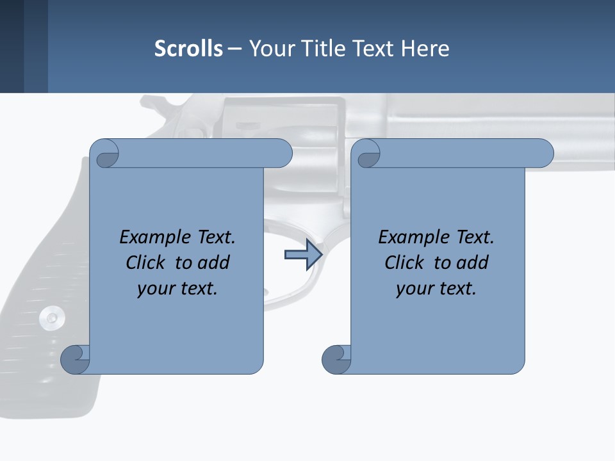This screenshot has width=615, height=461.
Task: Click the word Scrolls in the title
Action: tap(188, 49)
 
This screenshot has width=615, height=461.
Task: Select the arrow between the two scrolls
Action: tap(302, 255)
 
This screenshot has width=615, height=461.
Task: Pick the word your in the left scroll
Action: tap(156, 289)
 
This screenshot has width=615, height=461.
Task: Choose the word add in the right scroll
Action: tap(472, 263)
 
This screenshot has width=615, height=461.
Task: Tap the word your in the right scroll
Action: tap(414, 289)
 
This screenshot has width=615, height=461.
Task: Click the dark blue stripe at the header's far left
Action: tap(12, 46)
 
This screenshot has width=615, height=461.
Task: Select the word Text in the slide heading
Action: tap(374, 49)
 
